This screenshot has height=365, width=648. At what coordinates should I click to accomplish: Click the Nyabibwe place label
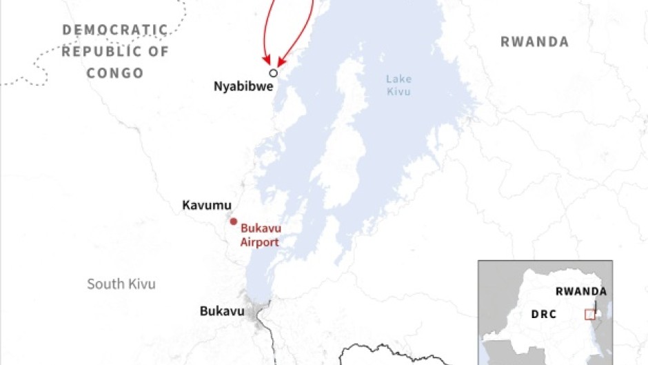[243, 88]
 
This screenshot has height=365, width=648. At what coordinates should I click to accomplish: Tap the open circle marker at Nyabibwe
[273, 72]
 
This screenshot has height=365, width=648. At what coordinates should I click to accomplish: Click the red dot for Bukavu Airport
[233, 221]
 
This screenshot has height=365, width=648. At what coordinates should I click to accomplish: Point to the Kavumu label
[207, 205]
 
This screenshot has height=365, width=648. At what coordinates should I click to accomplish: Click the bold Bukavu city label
[222, 311]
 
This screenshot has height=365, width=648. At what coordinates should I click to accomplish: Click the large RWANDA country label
[534, 42]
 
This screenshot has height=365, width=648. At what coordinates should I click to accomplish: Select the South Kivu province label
[121, 284]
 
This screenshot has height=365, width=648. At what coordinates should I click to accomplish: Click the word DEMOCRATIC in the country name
[115, 30]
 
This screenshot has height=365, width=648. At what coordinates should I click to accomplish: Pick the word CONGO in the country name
[115, 72]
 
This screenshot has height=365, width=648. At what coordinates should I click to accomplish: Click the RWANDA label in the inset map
[581, 291]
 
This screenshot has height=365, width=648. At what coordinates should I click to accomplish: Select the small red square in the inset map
[589, 315]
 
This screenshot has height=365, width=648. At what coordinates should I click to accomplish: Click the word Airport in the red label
[259, 242]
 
